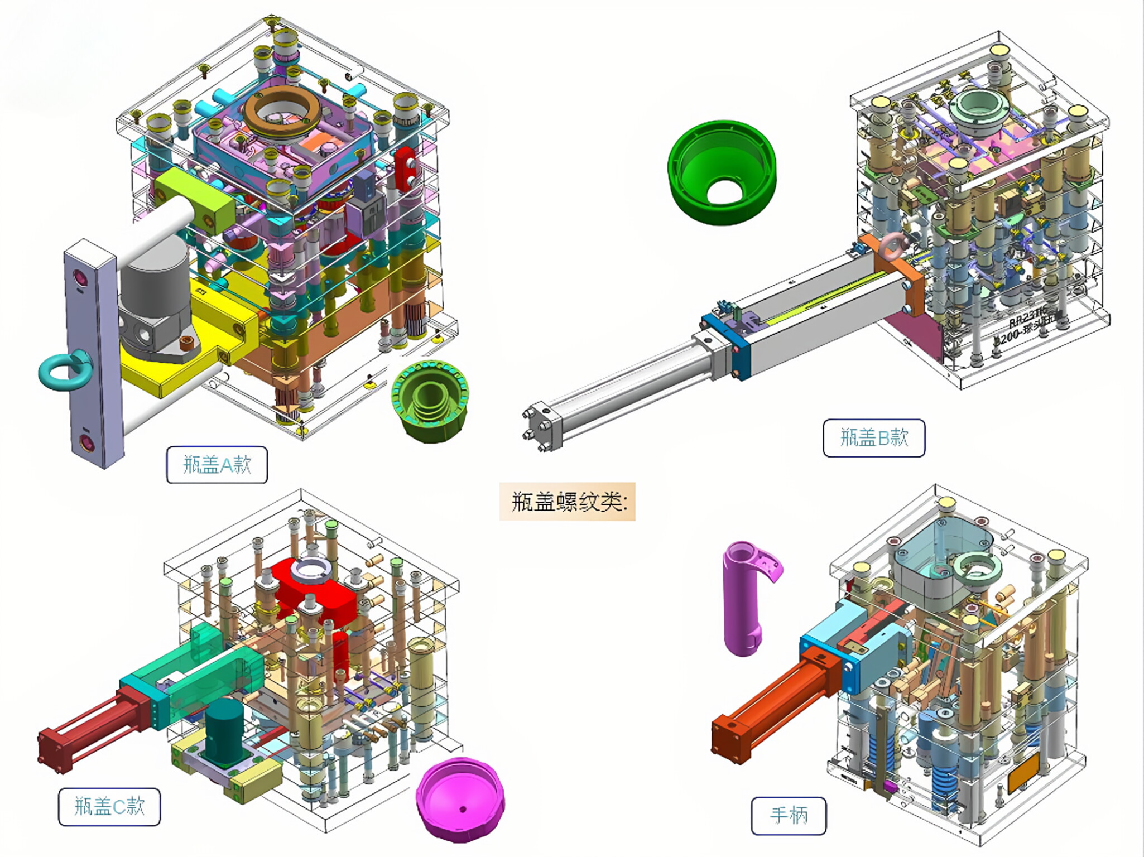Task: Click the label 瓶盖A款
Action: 217,465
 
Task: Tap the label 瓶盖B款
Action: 873,438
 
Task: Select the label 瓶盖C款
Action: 109,807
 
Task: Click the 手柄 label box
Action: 788,816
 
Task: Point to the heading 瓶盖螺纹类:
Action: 567,502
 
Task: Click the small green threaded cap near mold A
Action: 430,401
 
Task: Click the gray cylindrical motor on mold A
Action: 155,290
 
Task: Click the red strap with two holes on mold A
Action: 406,167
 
